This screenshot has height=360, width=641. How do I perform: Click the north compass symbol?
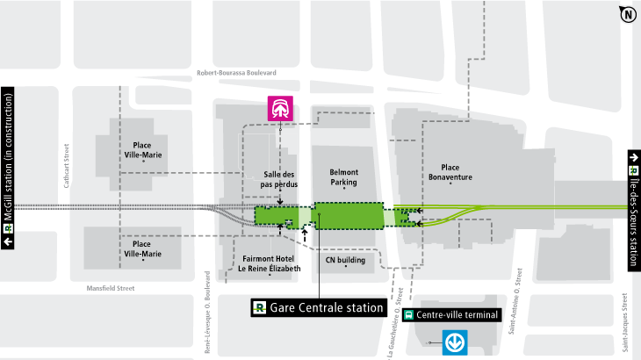point(628,14)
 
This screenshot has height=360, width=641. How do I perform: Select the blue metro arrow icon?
point(455,340)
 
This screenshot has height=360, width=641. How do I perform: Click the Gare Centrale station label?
point(319,308)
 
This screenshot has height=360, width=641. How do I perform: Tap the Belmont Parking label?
point(343,178)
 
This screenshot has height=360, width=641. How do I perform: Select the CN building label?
point(345,260)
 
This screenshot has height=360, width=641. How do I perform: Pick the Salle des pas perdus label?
point(281,180)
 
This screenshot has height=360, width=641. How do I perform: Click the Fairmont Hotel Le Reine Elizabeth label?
point(270,263)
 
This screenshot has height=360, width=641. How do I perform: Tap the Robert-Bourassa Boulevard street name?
point(237,72)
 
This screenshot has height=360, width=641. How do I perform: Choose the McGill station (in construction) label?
point(10,168)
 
